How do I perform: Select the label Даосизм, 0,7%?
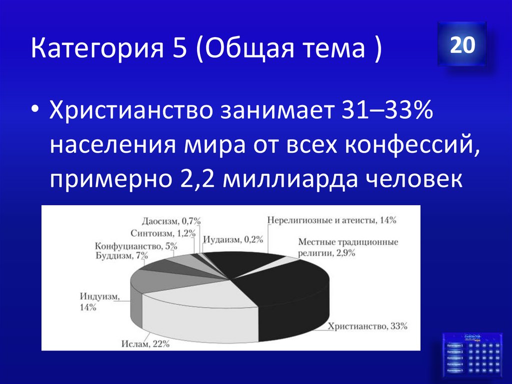pos(170,221)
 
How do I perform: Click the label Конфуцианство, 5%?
pos(135,246)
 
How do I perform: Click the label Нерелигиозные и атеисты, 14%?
pos(332,220)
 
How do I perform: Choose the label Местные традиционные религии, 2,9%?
pos(348,247)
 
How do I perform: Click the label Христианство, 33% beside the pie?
pos(367,326)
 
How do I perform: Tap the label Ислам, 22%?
pos(145,343)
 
